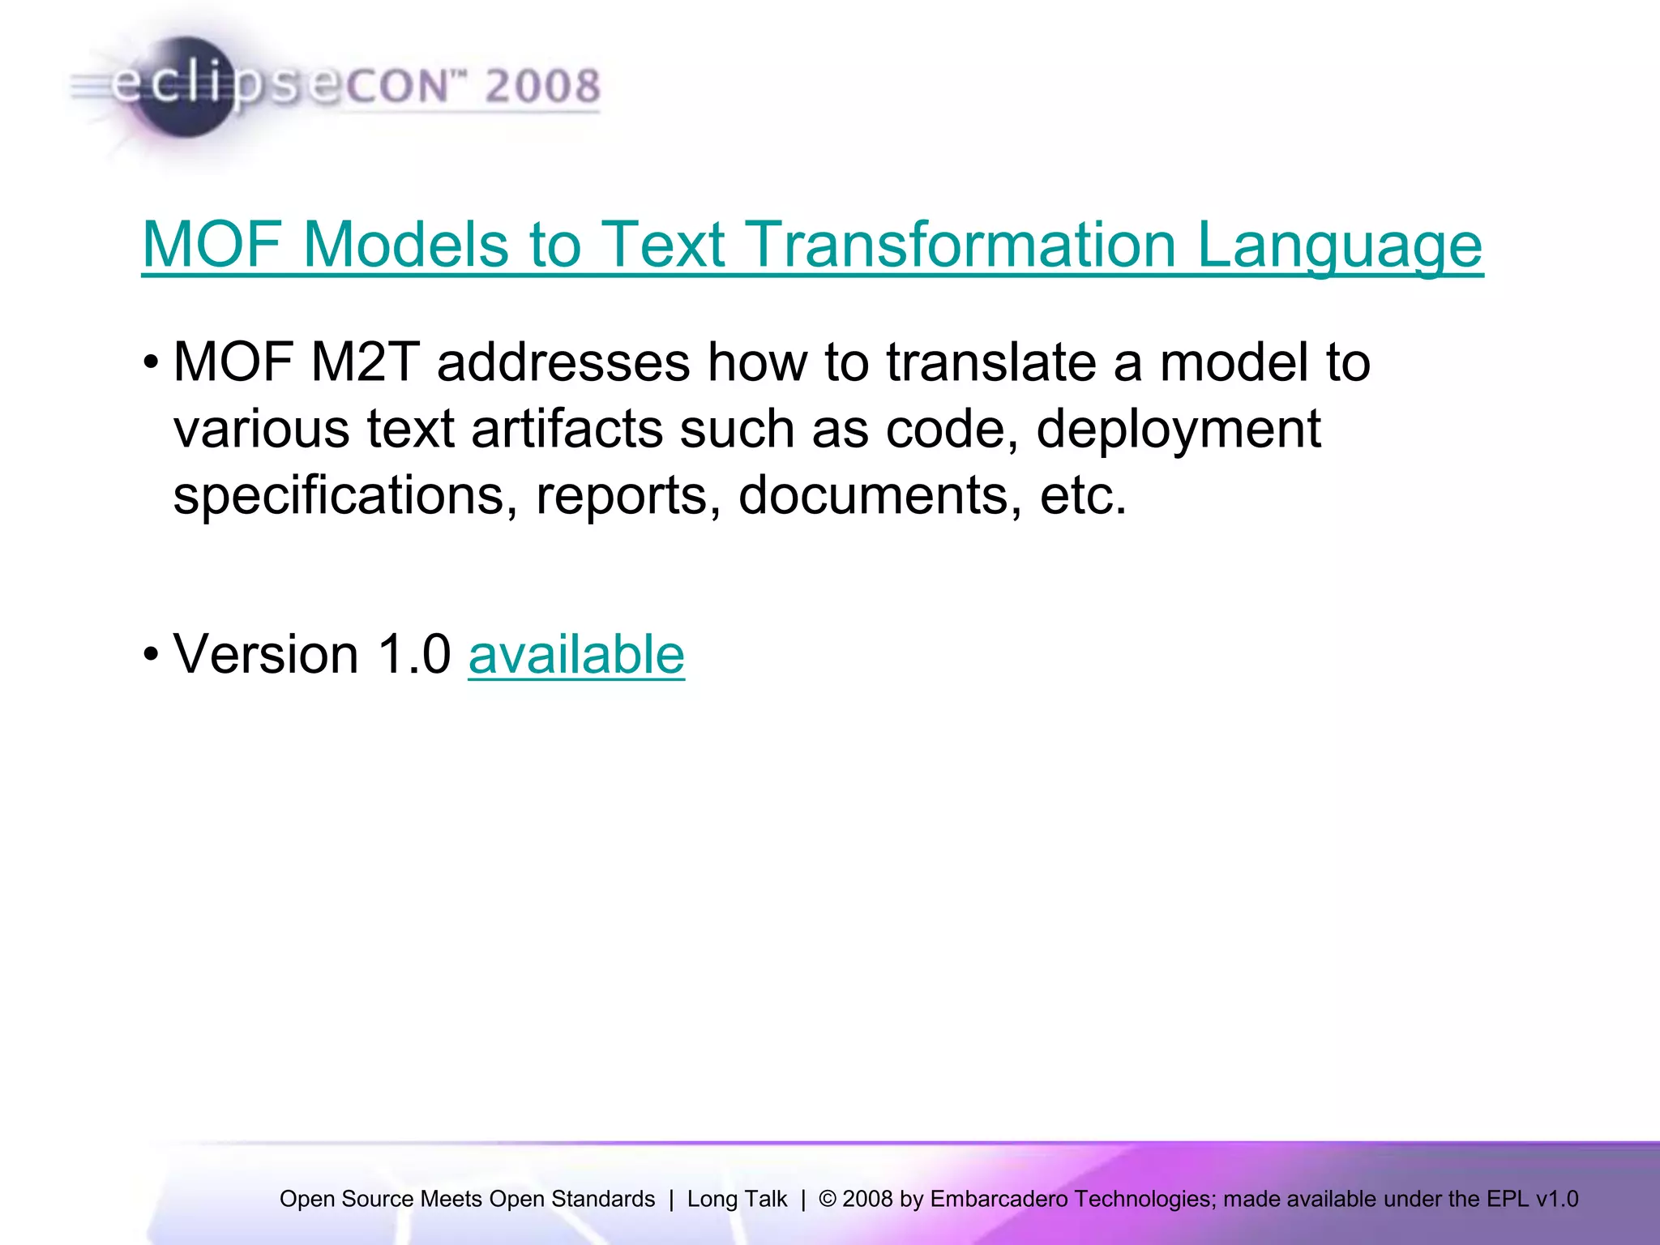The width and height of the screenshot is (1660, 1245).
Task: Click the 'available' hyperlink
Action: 576,655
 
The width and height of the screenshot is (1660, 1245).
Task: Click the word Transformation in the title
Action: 960,245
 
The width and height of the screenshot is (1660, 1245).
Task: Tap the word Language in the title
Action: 1339,245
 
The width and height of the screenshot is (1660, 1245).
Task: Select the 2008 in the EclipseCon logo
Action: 542,86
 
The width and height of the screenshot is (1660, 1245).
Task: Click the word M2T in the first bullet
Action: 365,362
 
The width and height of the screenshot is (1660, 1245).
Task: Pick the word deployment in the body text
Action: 1179,429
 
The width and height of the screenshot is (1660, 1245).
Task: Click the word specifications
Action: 345,495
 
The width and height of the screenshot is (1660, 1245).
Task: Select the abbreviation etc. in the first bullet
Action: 1083,495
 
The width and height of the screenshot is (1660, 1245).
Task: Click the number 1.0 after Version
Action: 414,655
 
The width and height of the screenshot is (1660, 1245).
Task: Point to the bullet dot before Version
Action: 151,654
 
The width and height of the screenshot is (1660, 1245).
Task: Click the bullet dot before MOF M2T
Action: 151,362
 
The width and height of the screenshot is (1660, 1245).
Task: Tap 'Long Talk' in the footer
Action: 737,1199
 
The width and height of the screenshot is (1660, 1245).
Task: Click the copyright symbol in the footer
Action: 827,1199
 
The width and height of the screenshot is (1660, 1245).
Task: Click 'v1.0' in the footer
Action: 1556,1199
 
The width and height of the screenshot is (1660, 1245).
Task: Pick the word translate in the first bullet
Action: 990,362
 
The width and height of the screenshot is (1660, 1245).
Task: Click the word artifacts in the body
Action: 567,429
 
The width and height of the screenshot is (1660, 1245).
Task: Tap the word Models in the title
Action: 405,245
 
